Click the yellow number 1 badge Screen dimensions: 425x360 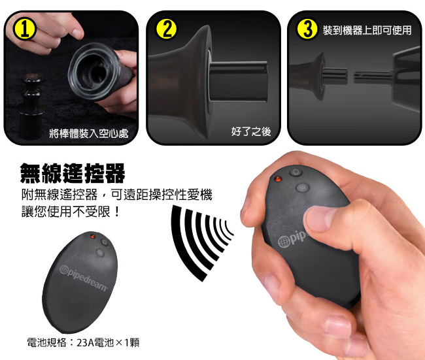[x=25, y=29]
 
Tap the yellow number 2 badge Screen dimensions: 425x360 [x=166, y=29]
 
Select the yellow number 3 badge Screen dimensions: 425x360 [x=307, y=29]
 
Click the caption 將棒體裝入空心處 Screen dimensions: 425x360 [x=89, y=133]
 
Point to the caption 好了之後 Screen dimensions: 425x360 [x=251, y=131]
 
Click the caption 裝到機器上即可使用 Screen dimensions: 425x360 [x=367, y=30]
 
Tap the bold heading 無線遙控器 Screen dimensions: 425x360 [x=73, y=173]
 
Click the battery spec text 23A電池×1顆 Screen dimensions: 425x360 [x=108, y=342]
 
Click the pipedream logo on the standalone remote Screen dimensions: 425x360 [x=84, y=278]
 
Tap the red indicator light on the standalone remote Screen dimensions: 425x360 [x=93, y=237]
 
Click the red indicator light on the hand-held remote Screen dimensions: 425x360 [x=278, y=179]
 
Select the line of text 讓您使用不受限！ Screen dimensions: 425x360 [x=71, y=211]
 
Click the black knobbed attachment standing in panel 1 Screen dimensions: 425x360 [x=32, y=106]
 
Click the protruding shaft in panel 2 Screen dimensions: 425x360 [x=238, y=81]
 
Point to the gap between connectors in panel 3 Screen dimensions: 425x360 [x=350, y=75]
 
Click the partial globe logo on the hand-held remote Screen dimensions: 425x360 [x=284, y=242]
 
